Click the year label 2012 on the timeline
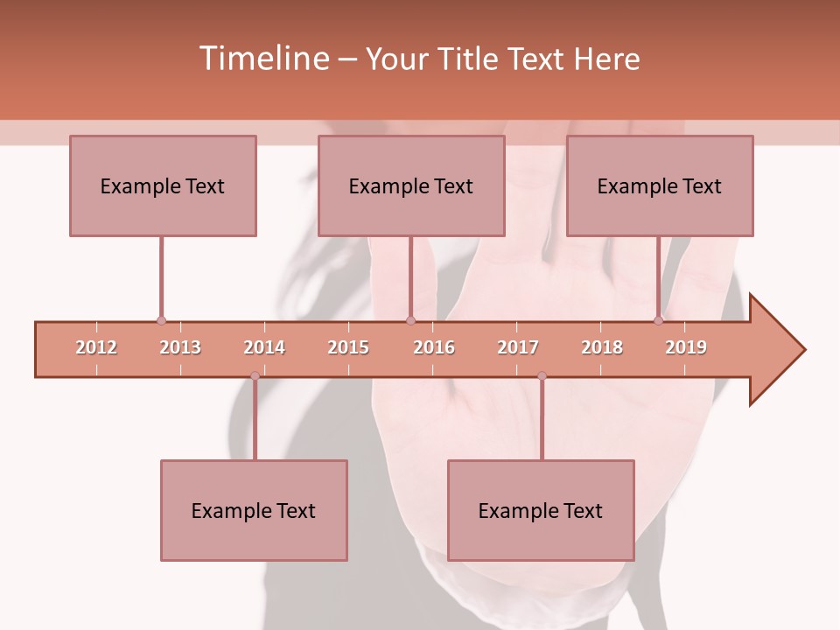click(x=96, y=347)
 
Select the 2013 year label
click(x=180, y=347)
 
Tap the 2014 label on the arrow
click(x=264, y=347)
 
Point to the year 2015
click(x=348, y=347)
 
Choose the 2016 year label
click(x=434, y=347)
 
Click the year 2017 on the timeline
click(x=518, y=347)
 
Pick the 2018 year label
click(x=602, y=347)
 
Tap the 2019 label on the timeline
click(x=686, y=347)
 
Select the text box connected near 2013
click(x=163, y=185)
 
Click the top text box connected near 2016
click(x=411, y=185)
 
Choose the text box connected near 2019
click(x=660, y=185)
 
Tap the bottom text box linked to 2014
click(x=254, y=510)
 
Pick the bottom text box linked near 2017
click(x=541, y=510)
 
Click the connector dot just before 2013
click(x=161, y=321)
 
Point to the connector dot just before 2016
click(x=410, y=321)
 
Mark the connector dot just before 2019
click(x=658, y=321)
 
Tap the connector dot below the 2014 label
click(x=255, y=376)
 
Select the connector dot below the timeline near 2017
click(x=542, y=376)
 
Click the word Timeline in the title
click(x=262, y=59)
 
